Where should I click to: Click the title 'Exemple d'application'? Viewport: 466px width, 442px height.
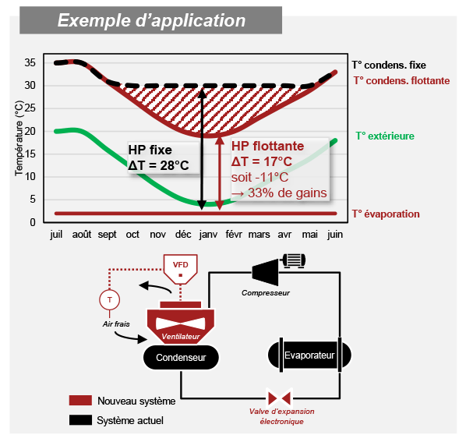[152, 20]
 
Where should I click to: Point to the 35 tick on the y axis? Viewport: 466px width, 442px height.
[30, 62]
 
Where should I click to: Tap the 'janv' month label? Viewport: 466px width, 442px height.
[208, 235]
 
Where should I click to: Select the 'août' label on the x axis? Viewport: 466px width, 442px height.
[82, 235]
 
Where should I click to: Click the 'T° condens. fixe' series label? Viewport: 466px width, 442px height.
[389, 65]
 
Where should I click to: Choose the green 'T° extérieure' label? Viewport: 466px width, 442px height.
[385, 136]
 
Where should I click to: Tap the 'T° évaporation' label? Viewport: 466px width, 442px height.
[386, 214]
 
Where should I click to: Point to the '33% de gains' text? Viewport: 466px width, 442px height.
[288, 193]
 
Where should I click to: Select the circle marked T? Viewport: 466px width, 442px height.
[110, 299]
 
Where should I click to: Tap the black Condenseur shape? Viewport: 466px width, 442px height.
[181, 357]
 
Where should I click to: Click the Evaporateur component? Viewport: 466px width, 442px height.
[309, 355]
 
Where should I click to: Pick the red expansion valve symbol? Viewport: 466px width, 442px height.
[279, 398]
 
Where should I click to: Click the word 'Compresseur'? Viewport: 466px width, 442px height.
[266, 293]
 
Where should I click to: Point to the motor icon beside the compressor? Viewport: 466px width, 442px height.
[294, 260]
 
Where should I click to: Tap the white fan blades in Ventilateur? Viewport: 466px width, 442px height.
[181, 324]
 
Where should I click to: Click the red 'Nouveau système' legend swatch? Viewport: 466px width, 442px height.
[80, 401]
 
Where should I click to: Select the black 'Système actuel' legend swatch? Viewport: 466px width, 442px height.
[80, 420]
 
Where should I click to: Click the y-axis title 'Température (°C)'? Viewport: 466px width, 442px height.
[19, 138]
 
